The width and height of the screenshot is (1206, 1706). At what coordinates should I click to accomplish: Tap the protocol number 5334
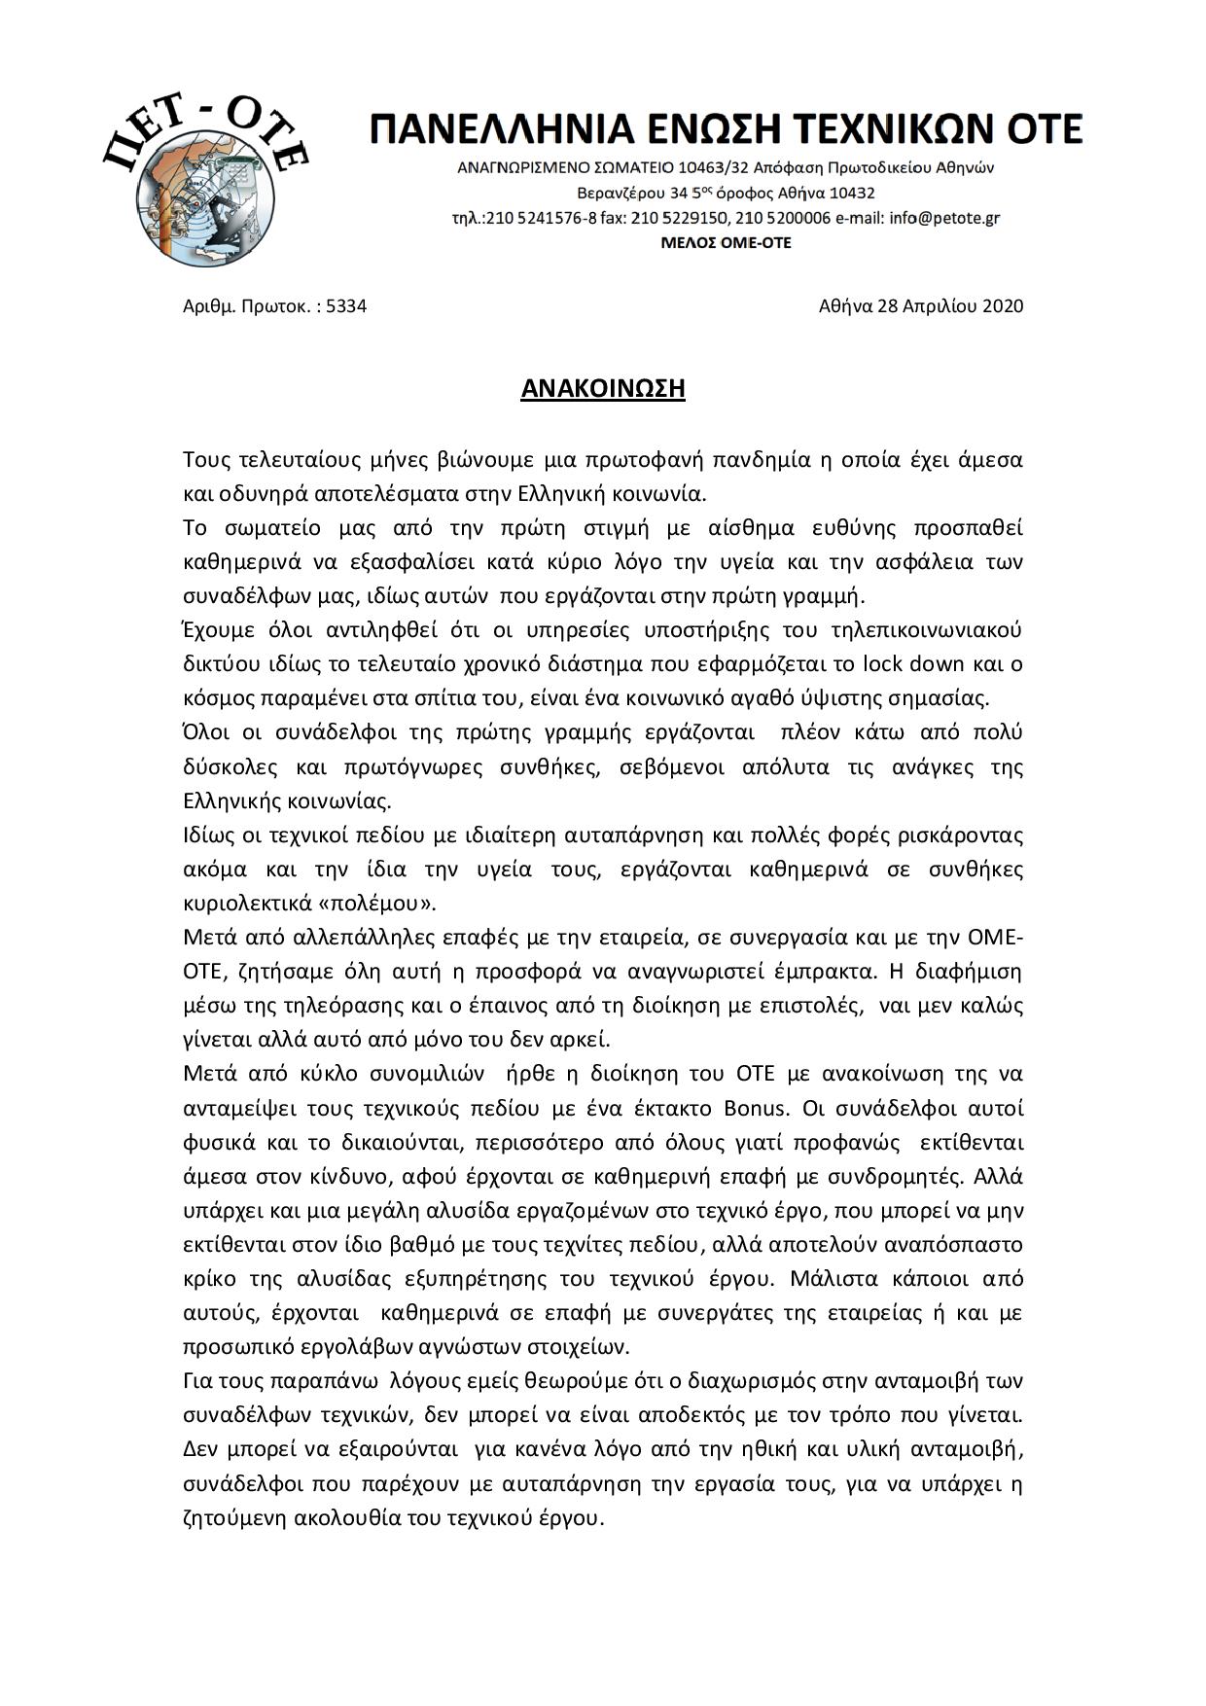[346, 306]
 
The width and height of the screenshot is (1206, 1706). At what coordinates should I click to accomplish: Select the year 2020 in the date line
[1003, 306]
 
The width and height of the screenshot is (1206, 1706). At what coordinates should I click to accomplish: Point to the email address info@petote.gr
[944, 218]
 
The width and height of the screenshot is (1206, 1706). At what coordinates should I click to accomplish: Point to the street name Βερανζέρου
[619, 193]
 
